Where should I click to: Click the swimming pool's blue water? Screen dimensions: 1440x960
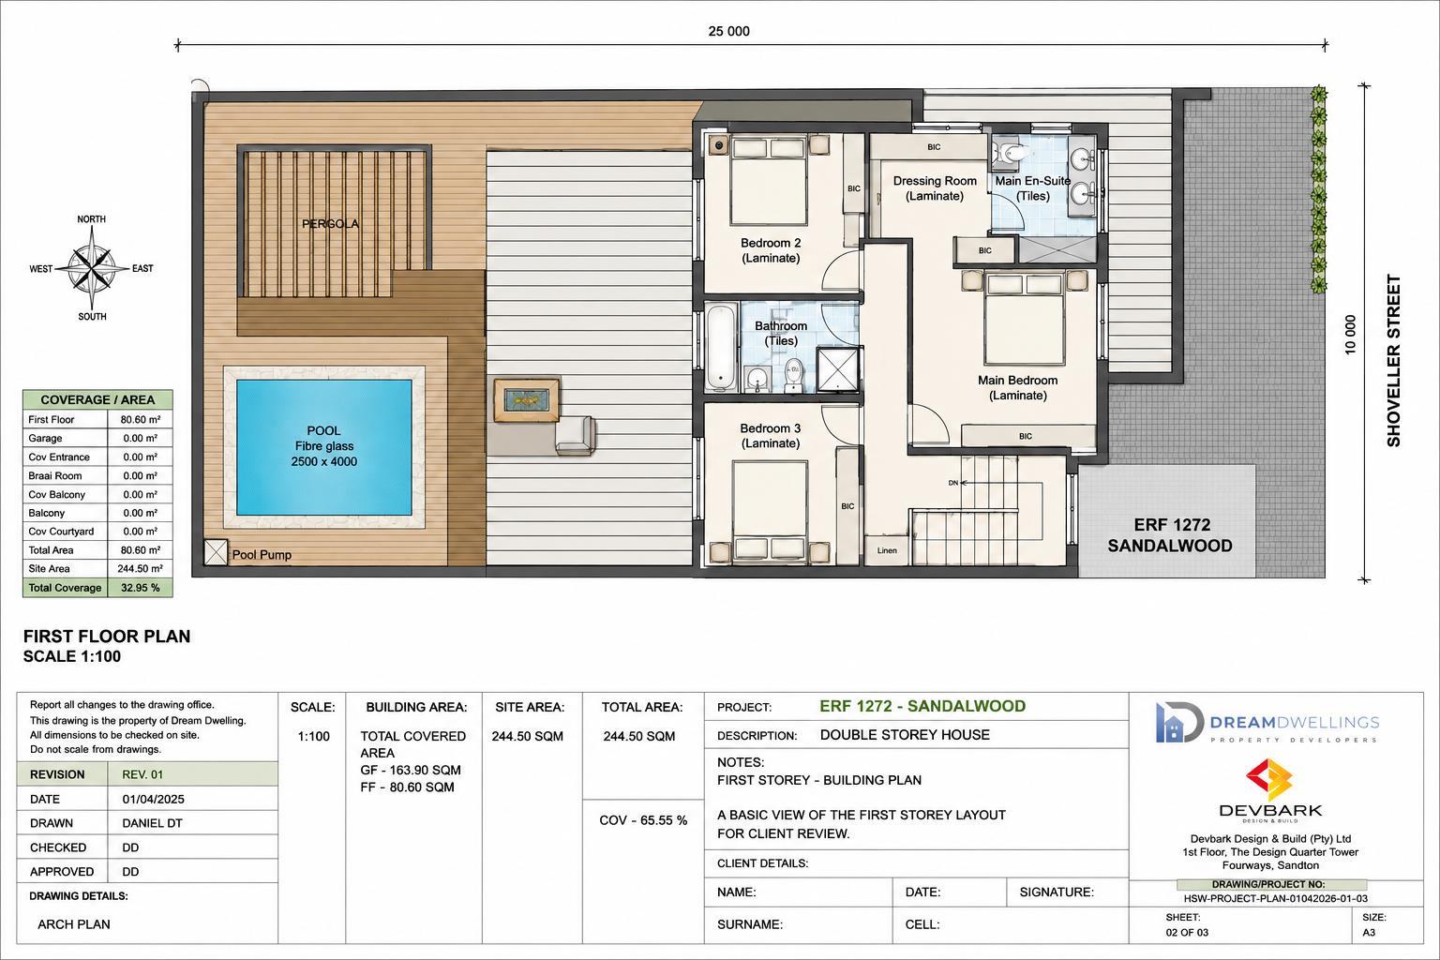pyautogui.click(x=324, y=447)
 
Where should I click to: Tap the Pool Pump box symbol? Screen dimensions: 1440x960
pyautogui.click(x=216, y=552)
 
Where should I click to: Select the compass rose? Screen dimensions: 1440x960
pyautogui.click(x=92, y=268)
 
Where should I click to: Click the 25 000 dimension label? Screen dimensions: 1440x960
pyautogui.click(x=729, y=31)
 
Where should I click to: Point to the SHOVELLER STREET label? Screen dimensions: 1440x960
pyautogui.click(x=1393, y=361)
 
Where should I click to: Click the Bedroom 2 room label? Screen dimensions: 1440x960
pyautogui.click(x=771, y=250)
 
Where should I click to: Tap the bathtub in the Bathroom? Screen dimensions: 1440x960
pyautogui.click(x=721, y=347)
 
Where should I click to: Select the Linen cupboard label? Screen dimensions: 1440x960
pyautogui.click(x=887, y=550)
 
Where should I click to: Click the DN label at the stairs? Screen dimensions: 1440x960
pyautogui.click(x=953, y=482)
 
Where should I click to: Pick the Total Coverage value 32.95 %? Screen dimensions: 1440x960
pyautogui.click(x=140, y=588)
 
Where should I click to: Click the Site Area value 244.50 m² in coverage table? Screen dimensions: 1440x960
pyautogui.click(x=140, y=568)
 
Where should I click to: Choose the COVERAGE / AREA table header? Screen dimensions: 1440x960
pyautogui.click(x=97, y=399)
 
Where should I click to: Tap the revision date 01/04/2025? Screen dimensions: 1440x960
pyautogui.click(x=153, y=800)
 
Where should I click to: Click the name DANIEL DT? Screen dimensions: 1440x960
pyautogui.click(x=153, y=823)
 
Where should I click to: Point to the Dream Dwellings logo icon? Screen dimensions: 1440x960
pyautogui.click(x=1179, y=722)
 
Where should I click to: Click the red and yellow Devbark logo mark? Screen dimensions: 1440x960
pyautogui.click(x=1269, y=779)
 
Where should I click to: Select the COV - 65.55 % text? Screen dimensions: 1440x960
pyautogui.click(x=643, y=820)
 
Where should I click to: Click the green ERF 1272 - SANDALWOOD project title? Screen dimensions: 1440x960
pyautogui.click(x=922, y=706)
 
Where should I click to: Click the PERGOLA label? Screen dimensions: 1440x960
pyautogui.click(x=330, y=224)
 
